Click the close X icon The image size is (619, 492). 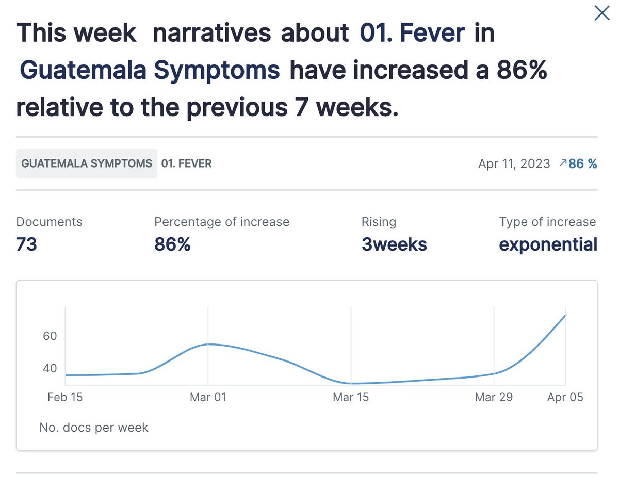point(602,13)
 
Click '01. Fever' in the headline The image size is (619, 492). point(412,34)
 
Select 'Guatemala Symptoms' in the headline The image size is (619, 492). point(150,71)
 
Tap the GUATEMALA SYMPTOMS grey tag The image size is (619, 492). point(87,164)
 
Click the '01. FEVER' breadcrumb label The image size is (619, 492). point(186,164)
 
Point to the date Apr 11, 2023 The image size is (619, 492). point(514,164)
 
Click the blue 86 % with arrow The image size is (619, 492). point(578,164)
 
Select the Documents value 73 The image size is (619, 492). point(27,244)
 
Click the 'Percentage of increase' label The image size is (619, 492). point(222,222)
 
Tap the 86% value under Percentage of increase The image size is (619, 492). point(172,244)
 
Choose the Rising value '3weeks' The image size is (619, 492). point(394,244)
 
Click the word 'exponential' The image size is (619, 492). point(548,244)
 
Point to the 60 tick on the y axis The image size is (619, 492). point(50,336)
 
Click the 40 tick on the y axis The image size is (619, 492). point(50,369)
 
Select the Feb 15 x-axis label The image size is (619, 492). point(65,397)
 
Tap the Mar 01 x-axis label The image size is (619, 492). point(208,397)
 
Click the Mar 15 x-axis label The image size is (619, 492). point(351,397)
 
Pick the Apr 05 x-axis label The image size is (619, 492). point(565,397)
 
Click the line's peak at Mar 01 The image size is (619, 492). point(208,344)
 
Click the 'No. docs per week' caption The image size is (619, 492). point(94,428)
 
